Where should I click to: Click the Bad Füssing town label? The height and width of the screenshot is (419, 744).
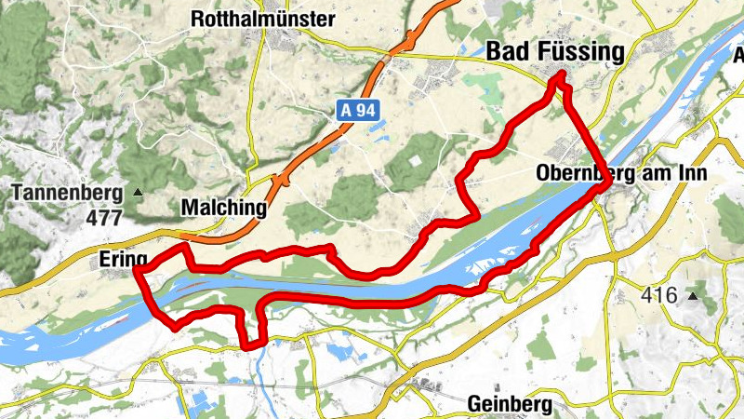555,54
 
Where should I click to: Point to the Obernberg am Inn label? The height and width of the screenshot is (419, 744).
622,173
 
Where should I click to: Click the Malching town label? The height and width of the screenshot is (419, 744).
224,208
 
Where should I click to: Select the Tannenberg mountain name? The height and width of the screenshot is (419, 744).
68,194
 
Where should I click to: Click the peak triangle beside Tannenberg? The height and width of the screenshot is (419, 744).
139,194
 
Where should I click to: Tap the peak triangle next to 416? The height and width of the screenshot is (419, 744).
692,296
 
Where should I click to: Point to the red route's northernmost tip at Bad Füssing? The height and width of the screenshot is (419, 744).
559,76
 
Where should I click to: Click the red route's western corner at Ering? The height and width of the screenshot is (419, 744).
138,270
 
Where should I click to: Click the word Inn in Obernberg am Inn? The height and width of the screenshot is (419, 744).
693,173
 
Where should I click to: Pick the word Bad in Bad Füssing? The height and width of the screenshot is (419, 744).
509,54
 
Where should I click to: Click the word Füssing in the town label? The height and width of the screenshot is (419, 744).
578,54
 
